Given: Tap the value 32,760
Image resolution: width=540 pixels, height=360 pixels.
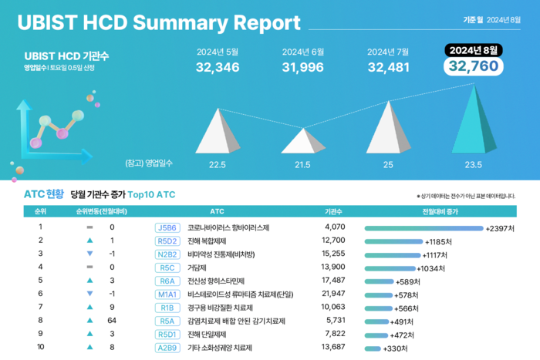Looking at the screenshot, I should (474, 67).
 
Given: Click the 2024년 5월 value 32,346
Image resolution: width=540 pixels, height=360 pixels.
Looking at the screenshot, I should (218, 67).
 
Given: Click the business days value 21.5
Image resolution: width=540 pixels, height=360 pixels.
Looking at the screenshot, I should (302, 164).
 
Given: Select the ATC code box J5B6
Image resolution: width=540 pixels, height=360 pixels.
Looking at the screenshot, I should (167, 228).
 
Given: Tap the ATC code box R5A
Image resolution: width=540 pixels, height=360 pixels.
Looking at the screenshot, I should (167, 321).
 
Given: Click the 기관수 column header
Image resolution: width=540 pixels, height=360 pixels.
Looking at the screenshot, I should (333, 210).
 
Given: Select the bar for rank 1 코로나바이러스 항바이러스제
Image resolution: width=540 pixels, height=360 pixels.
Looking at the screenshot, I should (423, 228).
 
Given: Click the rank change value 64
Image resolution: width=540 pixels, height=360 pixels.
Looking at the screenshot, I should (112, 321).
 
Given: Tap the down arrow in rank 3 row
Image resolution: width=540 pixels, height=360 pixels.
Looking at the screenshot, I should (89, 254).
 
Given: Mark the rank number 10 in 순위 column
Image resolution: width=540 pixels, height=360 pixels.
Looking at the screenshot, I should (40, 348).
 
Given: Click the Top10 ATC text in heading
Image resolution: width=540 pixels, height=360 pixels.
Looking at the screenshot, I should (151, 195).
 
